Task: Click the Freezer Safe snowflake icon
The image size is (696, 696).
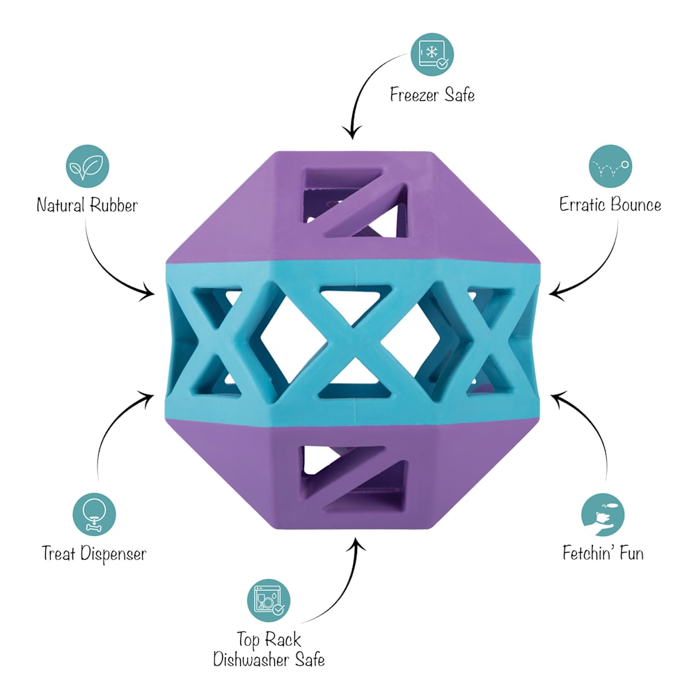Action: coord(432,54)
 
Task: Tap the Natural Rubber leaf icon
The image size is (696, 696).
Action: coord(88,166)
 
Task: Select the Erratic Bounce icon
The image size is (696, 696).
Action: coord(611,166)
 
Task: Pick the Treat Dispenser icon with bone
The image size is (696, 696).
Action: coord(94,515)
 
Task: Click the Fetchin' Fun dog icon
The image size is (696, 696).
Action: coord(603,515)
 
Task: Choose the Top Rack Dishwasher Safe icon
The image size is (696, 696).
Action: coord(269,601)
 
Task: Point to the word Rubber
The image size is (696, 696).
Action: coord(113,205)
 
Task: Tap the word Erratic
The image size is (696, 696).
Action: coord(582,205)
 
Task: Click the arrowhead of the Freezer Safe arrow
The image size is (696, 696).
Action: coord(352,133)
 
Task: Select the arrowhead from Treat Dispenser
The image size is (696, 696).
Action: coord(148,396)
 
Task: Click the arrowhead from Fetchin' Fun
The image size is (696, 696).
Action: coord(557,396)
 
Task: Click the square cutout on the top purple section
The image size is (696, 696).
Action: coord(354,203)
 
